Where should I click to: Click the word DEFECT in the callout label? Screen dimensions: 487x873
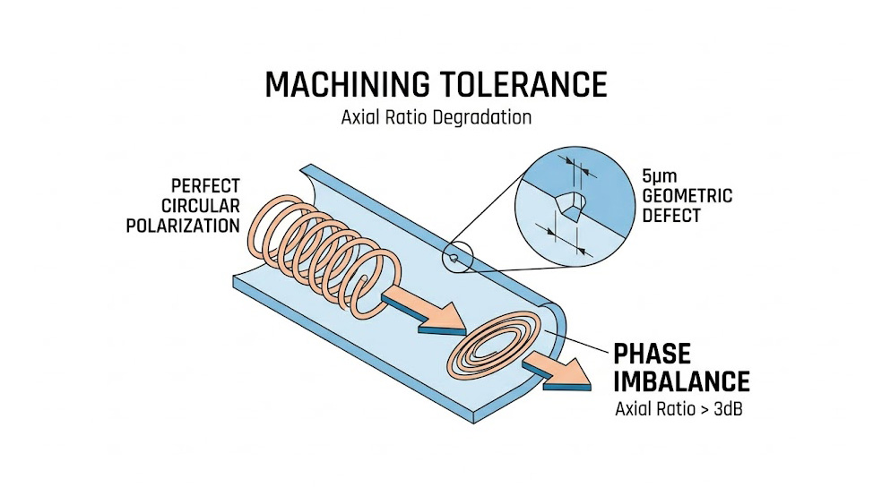[x=670, y=216]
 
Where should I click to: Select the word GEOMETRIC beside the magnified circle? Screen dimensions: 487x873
[x=687, y=196]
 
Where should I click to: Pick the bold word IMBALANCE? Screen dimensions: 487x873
[x=681, y=382]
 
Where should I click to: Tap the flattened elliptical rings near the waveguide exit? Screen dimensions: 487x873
[x=488, y=350]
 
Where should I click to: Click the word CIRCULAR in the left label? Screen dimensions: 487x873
[x=203, y=206]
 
